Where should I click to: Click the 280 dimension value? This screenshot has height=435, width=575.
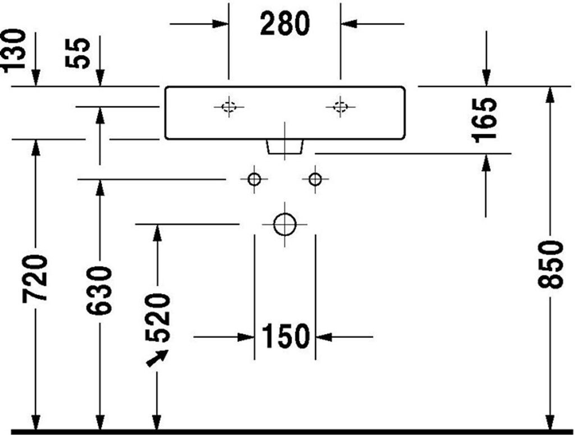tap(285, 24)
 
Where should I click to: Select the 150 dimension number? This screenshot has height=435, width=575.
tap(286, 336)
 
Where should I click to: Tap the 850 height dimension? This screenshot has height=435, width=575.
tap(550, 264)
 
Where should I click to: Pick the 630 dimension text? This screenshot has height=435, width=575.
tap(99, 291)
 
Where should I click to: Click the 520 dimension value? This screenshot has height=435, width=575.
tap(158, 318)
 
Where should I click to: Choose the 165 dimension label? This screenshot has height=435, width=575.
tap(485, 120)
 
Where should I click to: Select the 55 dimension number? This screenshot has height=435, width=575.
tap(77, 52)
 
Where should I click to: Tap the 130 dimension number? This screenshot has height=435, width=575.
tap(15, 50)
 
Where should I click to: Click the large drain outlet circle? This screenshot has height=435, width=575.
tap(285, 224)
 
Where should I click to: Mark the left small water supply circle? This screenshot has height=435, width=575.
tap(254, 180)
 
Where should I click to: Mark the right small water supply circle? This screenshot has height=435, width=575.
tap(315, 180)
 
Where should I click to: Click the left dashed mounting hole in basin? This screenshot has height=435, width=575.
tap(229, 107)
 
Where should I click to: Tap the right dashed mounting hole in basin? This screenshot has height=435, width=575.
tap(340, 107)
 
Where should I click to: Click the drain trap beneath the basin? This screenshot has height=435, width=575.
tap(285, 147)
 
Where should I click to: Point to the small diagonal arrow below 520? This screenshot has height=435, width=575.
tap(157, 358)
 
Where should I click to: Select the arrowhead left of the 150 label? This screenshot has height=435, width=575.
tap(247, 336)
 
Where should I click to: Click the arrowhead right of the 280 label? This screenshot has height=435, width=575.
tap(349, 24)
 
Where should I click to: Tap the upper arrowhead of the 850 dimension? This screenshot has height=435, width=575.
tap(550, 95)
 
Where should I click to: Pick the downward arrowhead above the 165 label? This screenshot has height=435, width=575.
tap(486, 78)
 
